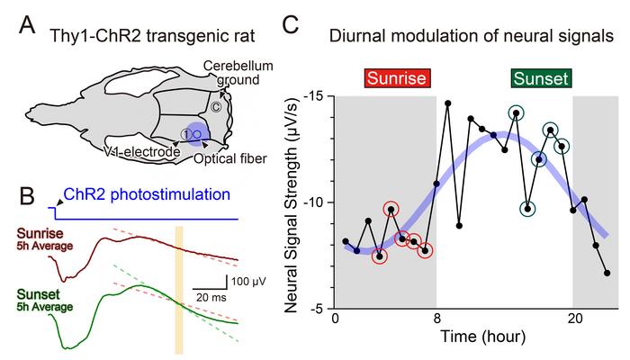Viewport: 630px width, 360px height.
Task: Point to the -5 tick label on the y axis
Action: pyautogui.click(x=314, y=308)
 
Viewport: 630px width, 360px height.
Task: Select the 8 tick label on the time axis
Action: pyautogui.click(x=436, y=319)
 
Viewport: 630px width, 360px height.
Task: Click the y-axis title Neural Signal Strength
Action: pyautogui.click(x=292, y=202)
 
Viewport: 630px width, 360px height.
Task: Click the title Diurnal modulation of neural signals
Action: pyautogui.click(x=472, y=37)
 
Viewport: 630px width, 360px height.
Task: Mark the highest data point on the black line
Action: pyautogui.click(x=448, y=103)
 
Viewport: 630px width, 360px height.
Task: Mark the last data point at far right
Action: pyautogui.click(x=607, y=273)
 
